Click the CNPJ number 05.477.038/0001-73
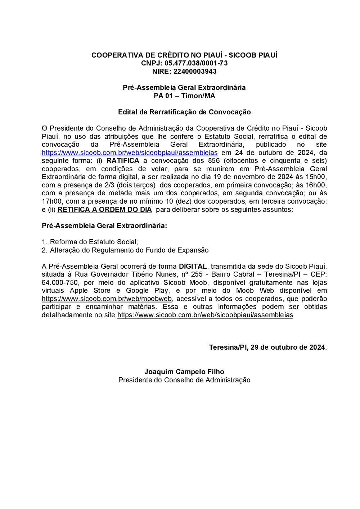pyautogui.click(x=196, y=63)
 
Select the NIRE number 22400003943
pyautogui.click(x=195, y=72)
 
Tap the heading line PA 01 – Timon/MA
pyautogui.click(x=184, y=96)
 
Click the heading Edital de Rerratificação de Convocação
pyautogui.click(x=184, y=112)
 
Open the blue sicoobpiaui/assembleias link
pyautogui.click(x=130, y=153)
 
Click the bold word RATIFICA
pyautogui.click(x=123, y=161)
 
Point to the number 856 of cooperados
pyautogui.click(x=214, y=161)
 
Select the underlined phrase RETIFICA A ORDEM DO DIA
pyautogui.click(x=105, y=210)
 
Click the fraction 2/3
pyautogui.click(x=109, y=185)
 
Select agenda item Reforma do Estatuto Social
pyautogui.click(x=94, y=242)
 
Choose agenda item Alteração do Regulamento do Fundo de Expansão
pyautogui.click(x=129, y=250)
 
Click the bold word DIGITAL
pyautogui.click(x=193, y=267)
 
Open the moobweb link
pyautogui.click(x=107, y=299)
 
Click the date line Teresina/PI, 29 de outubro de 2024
pyautogui.click(x=267, y=347)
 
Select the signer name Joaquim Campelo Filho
pyautogui.click(x=184, y=372)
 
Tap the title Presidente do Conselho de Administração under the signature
pyautogui.click(x=184, y=380)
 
